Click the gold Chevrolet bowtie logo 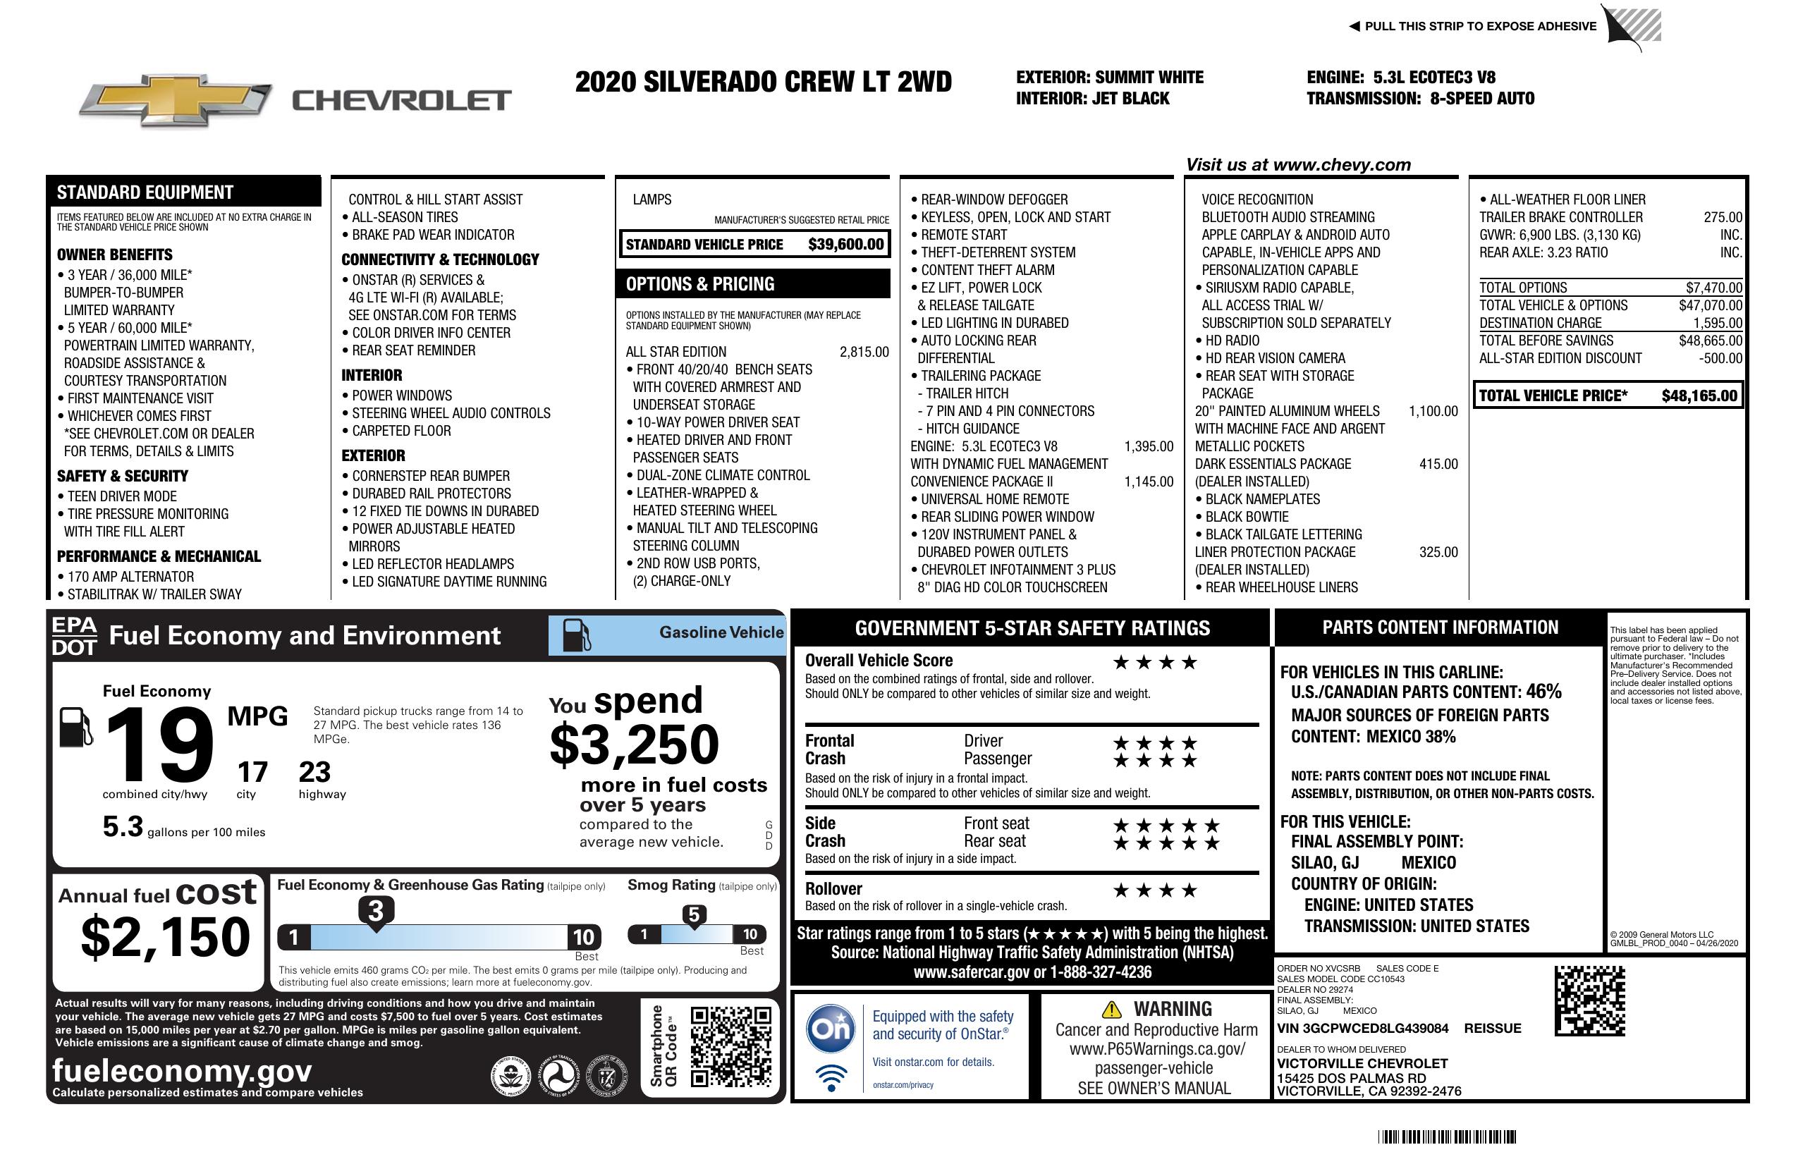coord(176,99)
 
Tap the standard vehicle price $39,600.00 coord(845,244)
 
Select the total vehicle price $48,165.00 coord(1699,396)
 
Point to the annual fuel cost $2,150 coord(165,937)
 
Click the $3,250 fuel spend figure coord(634,745)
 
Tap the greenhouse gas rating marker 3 coord(375,911)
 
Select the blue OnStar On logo coord(831,1029)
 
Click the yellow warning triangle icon coord(1111,1009)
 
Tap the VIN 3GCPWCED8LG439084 coord(1362,1028)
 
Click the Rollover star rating coord(1155,890)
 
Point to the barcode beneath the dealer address coord(1446,1137)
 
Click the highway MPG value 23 coord(314,772)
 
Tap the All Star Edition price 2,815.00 coord(864,352)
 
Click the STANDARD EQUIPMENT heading coord(145,192)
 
